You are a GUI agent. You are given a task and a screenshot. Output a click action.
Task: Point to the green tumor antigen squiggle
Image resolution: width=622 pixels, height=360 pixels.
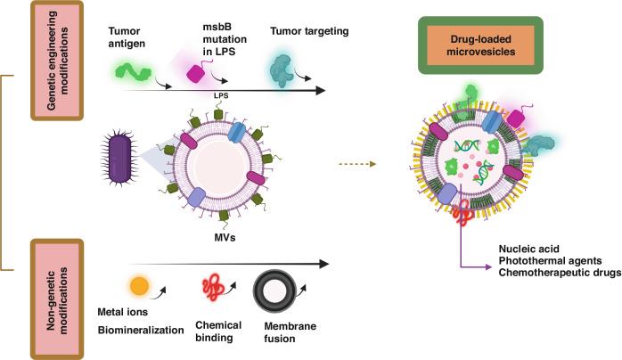(x=131, y=72)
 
